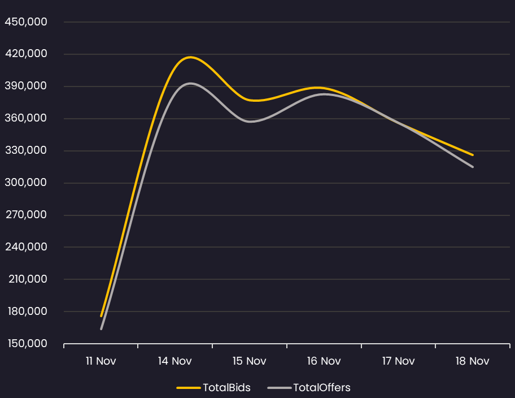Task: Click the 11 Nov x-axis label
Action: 101,361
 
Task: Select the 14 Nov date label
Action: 175,361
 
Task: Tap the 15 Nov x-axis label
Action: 250,361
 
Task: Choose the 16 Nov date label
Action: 324,361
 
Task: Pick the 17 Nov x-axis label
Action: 398,361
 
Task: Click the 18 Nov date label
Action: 473,361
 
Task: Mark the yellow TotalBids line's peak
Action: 190,57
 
